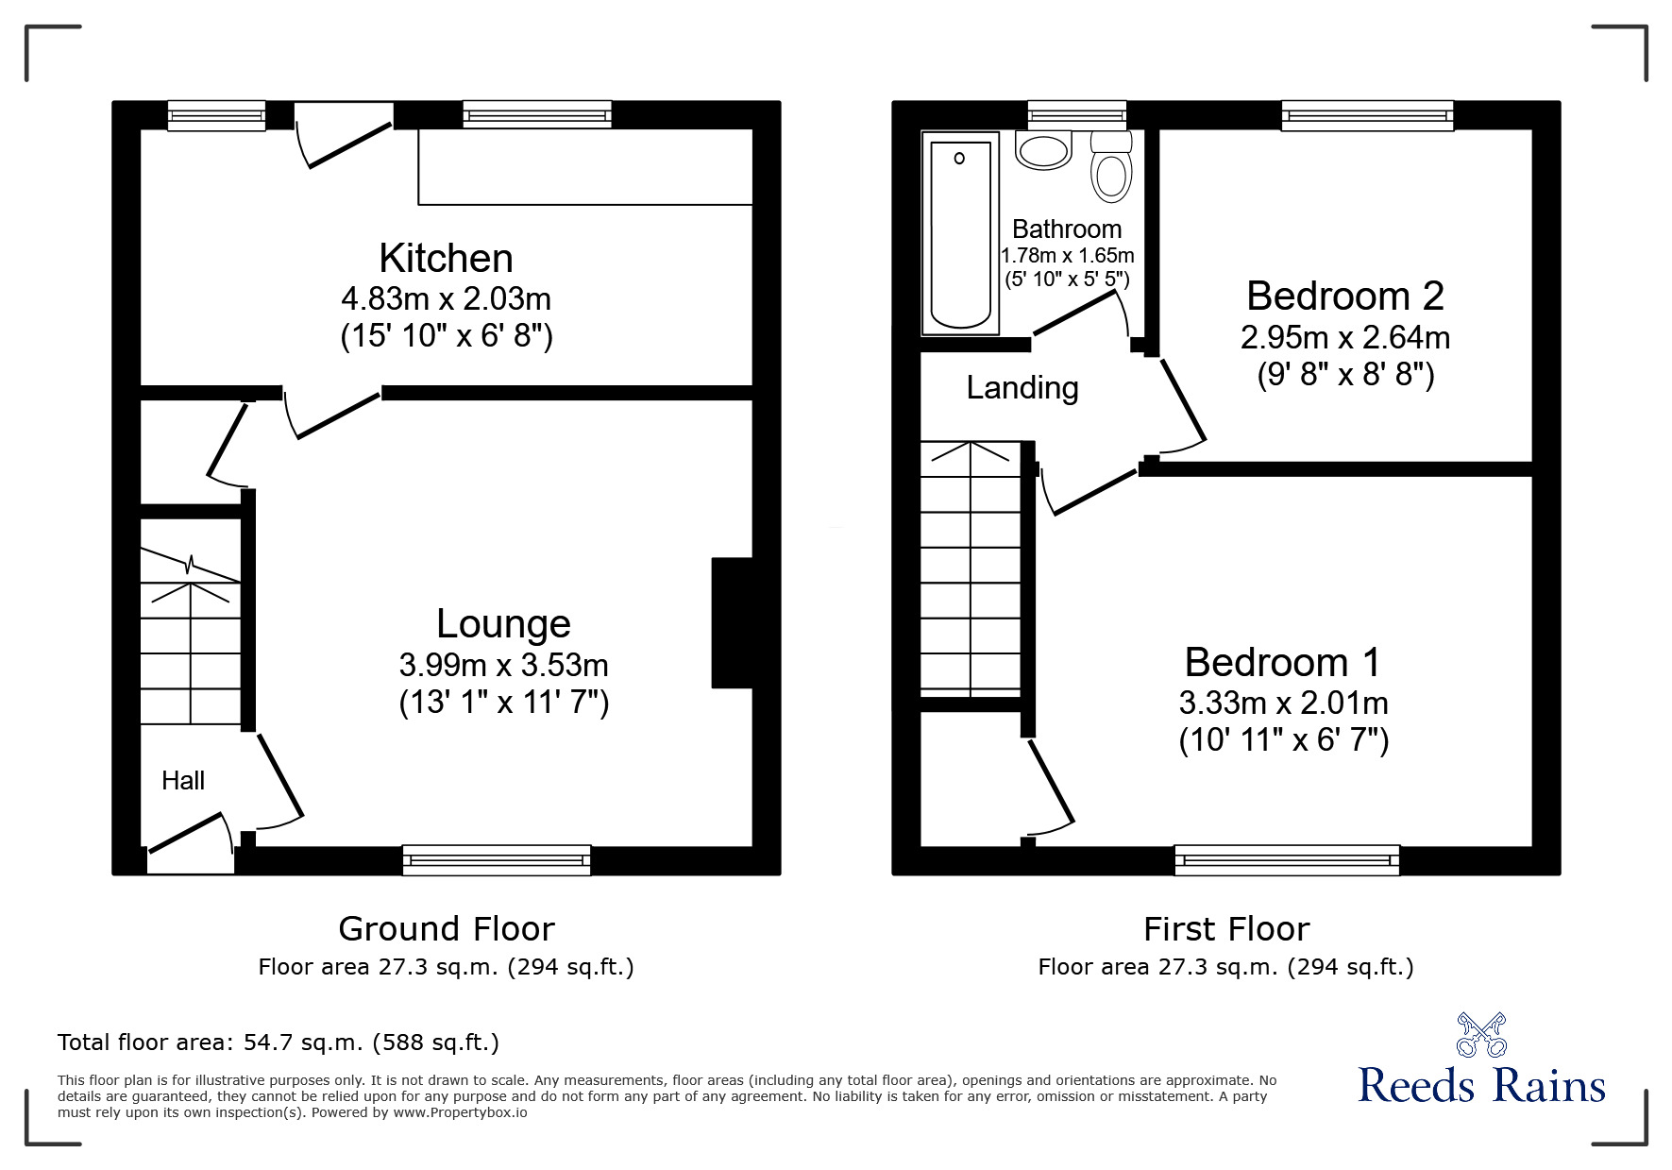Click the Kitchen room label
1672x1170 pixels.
[x=446, y=259]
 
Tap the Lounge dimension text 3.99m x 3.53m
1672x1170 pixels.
[x=503, y=665]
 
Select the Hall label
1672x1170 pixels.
[x=183, y=780]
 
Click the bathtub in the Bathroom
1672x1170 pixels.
[x=961, y=233]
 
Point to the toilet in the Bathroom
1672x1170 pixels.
[x=1111, y=170]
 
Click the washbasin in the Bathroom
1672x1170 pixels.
[x=1043, y=151]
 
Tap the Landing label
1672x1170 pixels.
[x=1022, y=388]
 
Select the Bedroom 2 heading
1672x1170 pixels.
[x=1344, y=296]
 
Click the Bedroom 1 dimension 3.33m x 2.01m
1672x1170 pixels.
[x=1283, y=703]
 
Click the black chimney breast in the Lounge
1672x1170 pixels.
[x=732, y=623]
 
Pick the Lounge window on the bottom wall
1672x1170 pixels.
[x=497, y=859]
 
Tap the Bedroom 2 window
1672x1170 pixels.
[x=1367, y=115]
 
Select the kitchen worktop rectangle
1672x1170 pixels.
[x=585, y=166]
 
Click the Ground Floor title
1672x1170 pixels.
[x=446, y=929]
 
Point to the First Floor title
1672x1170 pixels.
[x=1225, y=929]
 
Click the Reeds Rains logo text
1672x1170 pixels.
[x=1481, y=1086]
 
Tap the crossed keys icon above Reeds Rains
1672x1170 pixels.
[x=1481, y=1034]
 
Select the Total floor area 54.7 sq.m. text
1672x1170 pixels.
[x=279, y=1043]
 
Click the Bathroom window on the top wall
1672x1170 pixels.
[x=1076, y=115]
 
